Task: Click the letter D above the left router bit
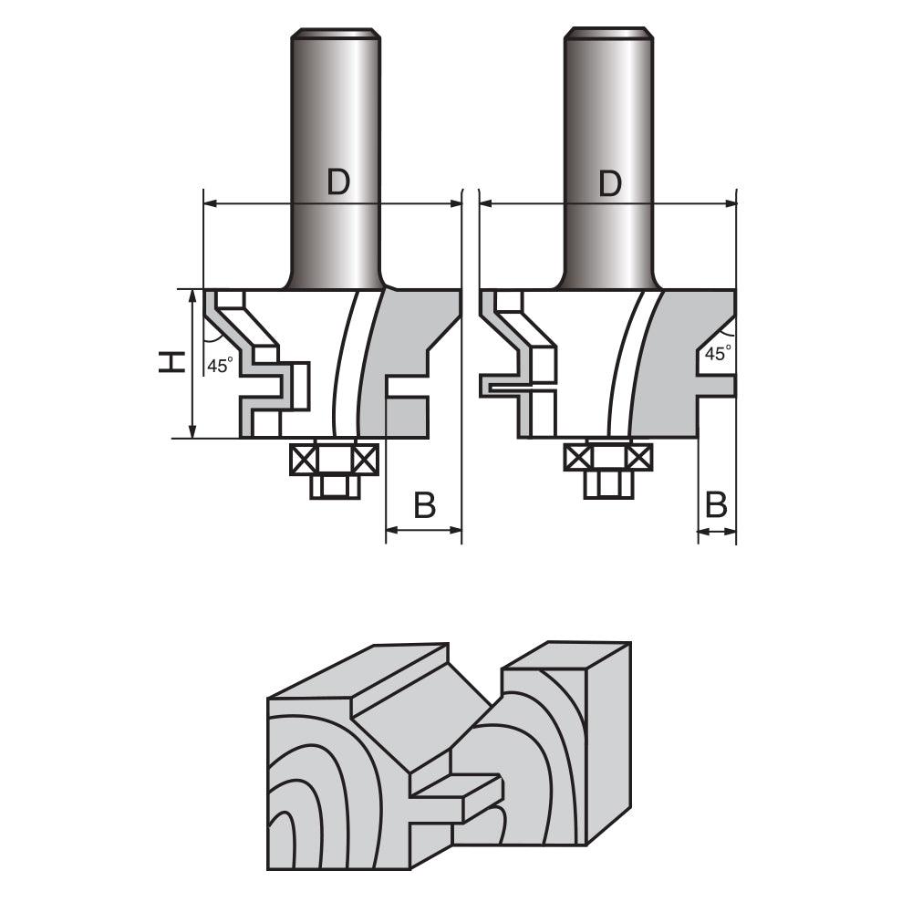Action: [x=338, y=183]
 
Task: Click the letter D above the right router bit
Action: [x=610, y=183]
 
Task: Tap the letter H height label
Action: [x=170, y=363]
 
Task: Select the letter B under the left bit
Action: [x=424, y=505]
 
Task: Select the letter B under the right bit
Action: [x=717, y=503]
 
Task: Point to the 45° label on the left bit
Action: [x=220, y=366]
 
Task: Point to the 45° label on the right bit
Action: [x=719, y=354]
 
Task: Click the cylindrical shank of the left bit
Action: [x=334, y=109]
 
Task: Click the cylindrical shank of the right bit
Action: [x=607, y=109]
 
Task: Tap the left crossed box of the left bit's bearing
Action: [x=302, y=459]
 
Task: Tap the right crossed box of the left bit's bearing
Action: [x=364, y=459]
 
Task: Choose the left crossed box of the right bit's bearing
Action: [x=577, y=457]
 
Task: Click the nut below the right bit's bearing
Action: [x=608, y=484]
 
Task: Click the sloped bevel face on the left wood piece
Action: [x=401, y=720]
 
